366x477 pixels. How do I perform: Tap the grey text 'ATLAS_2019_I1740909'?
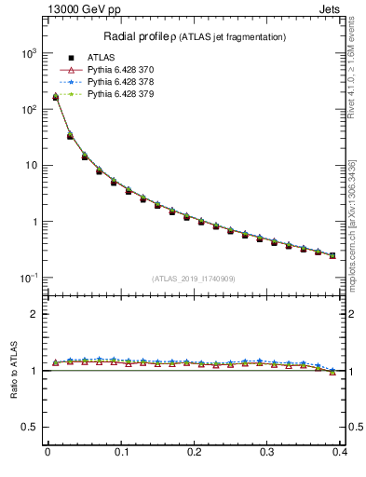194,279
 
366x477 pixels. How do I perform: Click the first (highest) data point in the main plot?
55,97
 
